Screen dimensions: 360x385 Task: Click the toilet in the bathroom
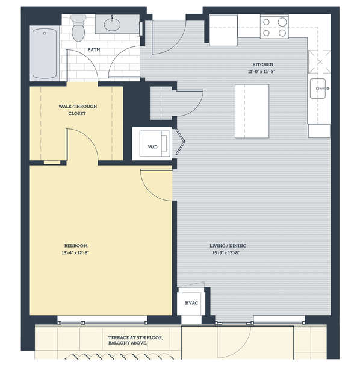pos(78,28)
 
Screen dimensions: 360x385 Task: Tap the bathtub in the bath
pos(45,54)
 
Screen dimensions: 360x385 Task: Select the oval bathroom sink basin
pos(112,24)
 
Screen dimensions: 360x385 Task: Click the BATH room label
pos(94,50)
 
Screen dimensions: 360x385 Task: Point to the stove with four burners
pos(275,27)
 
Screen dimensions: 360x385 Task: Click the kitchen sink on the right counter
pos(318,89)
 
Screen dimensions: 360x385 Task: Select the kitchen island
pos(252,111)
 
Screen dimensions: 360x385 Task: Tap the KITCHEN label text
pos(263,64)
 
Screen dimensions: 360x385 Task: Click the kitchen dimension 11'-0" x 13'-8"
pos(261,72)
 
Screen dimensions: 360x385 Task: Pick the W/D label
pos(152,147)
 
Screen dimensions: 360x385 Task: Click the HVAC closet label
pos(191,303)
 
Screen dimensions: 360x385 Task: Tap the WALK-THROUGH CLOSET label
pos(78,110)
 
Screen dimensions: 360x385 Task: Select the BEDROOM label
pos(76,246)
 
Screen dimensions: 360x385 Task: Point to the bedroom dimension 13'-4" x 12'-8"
pos(75,253)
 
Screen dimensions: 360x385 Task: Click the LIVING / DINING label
pos(228,246)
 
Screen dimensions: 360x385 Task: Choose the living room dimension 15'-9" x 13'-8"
pos(226,253)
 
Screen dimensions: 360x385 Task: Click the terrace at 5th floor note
pos(135,340)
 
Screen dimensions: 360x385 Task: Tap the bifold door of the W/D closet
pos(180,142)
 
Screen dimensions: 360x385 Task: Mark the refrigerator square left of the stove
pos(223,31)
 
